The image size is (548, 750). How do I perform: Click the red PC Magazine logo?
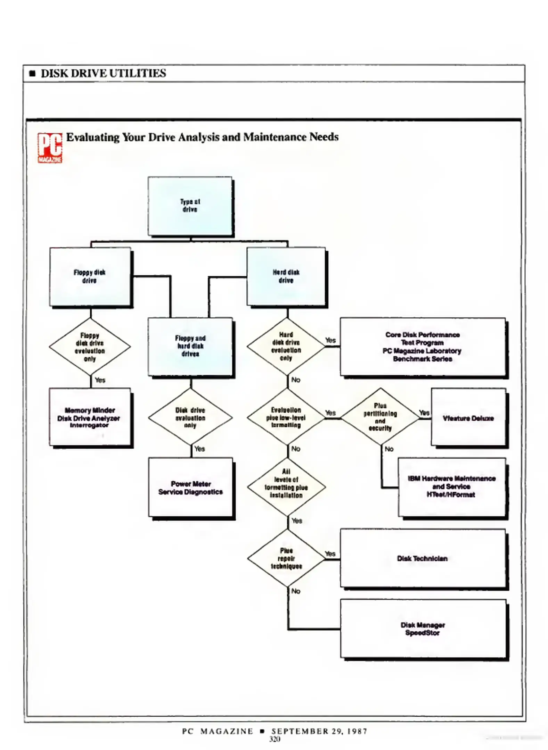click(x=50, y=148)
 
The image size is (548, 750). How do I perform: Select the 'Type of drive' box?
click(x=190, y=206)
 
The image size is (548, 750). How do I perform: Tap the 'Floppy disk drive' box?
click(x=90, y=276)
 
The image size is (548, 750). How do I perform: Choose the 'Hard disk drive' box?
click(x=286, y=276)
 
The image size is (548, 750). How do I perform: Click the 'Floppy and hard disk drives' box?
click(x=190, y=346)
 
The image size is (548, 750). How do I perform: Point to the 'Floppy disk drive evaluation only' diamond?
click(x=90, y=347)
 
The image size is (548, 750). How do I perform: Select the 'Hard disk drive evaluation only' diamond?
click(x=286, y=346)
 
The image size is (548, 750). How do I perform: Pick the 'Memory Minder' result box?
click(x=90, y=417)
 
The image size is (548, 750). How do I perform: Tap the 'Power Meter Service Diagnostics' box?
click(x=190, y=487)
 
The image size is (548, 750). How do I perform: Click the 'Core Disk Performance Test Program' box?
click(x=422, y=347)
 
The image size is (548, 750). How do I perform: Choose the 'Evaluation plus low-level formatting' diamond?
click(x=286, y=417)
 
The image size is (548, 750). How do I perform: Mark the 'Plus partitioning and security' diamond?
click(x=380, y=417)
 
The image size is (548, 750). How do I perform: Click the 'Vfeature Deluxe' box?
click(x=468, y=418)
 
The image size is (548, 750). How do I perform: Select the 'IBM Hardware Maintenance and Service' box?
click(x=451, y=486)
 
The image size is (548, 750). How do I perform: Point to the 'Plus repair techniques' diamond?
click(x=286, y=558)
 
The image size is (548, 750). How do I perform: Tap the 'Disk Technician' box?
click(x=422, y=558)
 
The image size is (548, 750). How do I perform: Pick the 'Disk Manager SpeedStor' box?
click(x=423, y=629)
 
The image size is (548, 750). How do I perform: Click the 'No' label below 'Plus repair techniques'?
click(x=296, y=591)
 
